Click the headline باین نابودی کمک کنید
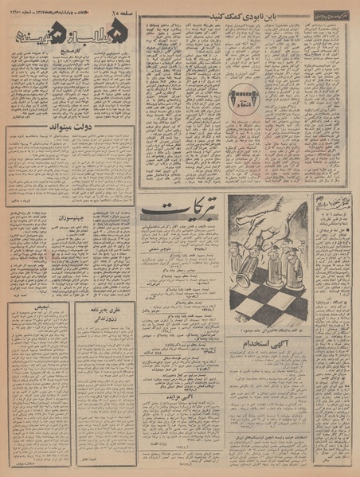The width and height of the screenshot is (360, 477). tap(252, 15)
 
